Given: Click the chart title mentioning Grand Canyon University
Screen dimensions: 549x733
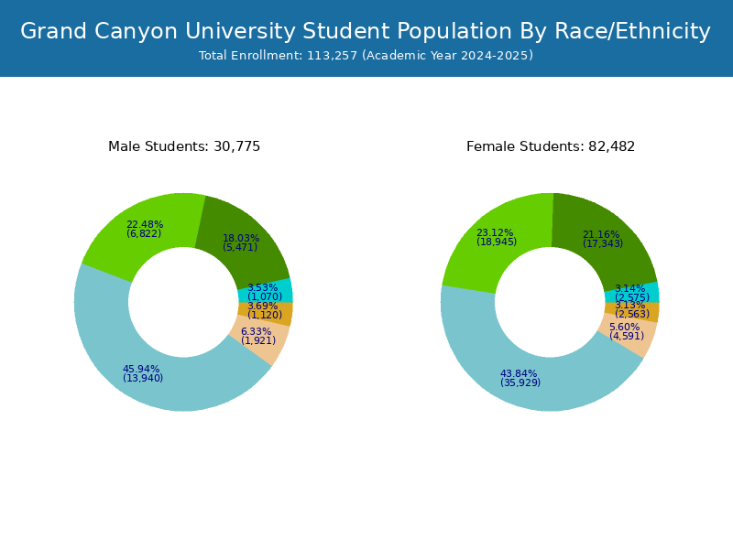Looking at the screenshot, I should (x=366, y=31).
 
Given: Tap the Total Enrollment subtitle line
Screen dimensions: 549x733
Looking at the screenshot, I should (x=366, y=56).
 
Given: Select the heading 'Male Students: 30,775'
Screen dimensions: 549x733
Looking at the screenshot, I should (x=184, y=146).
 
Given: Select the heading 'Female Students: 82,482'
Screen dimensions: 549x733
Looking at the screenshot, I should (x=551, y=146).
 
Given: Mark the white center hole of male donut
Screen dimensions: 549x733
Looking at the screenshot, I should (x=183, y=302).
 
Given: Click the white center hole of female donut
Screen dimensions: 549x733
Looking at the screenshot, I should (x=550, y=302).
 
